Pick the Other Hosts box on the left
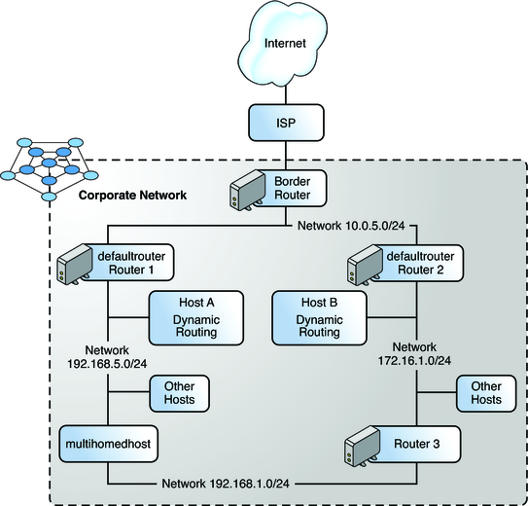(179, 393)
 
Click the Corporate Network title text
(133, 196)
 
